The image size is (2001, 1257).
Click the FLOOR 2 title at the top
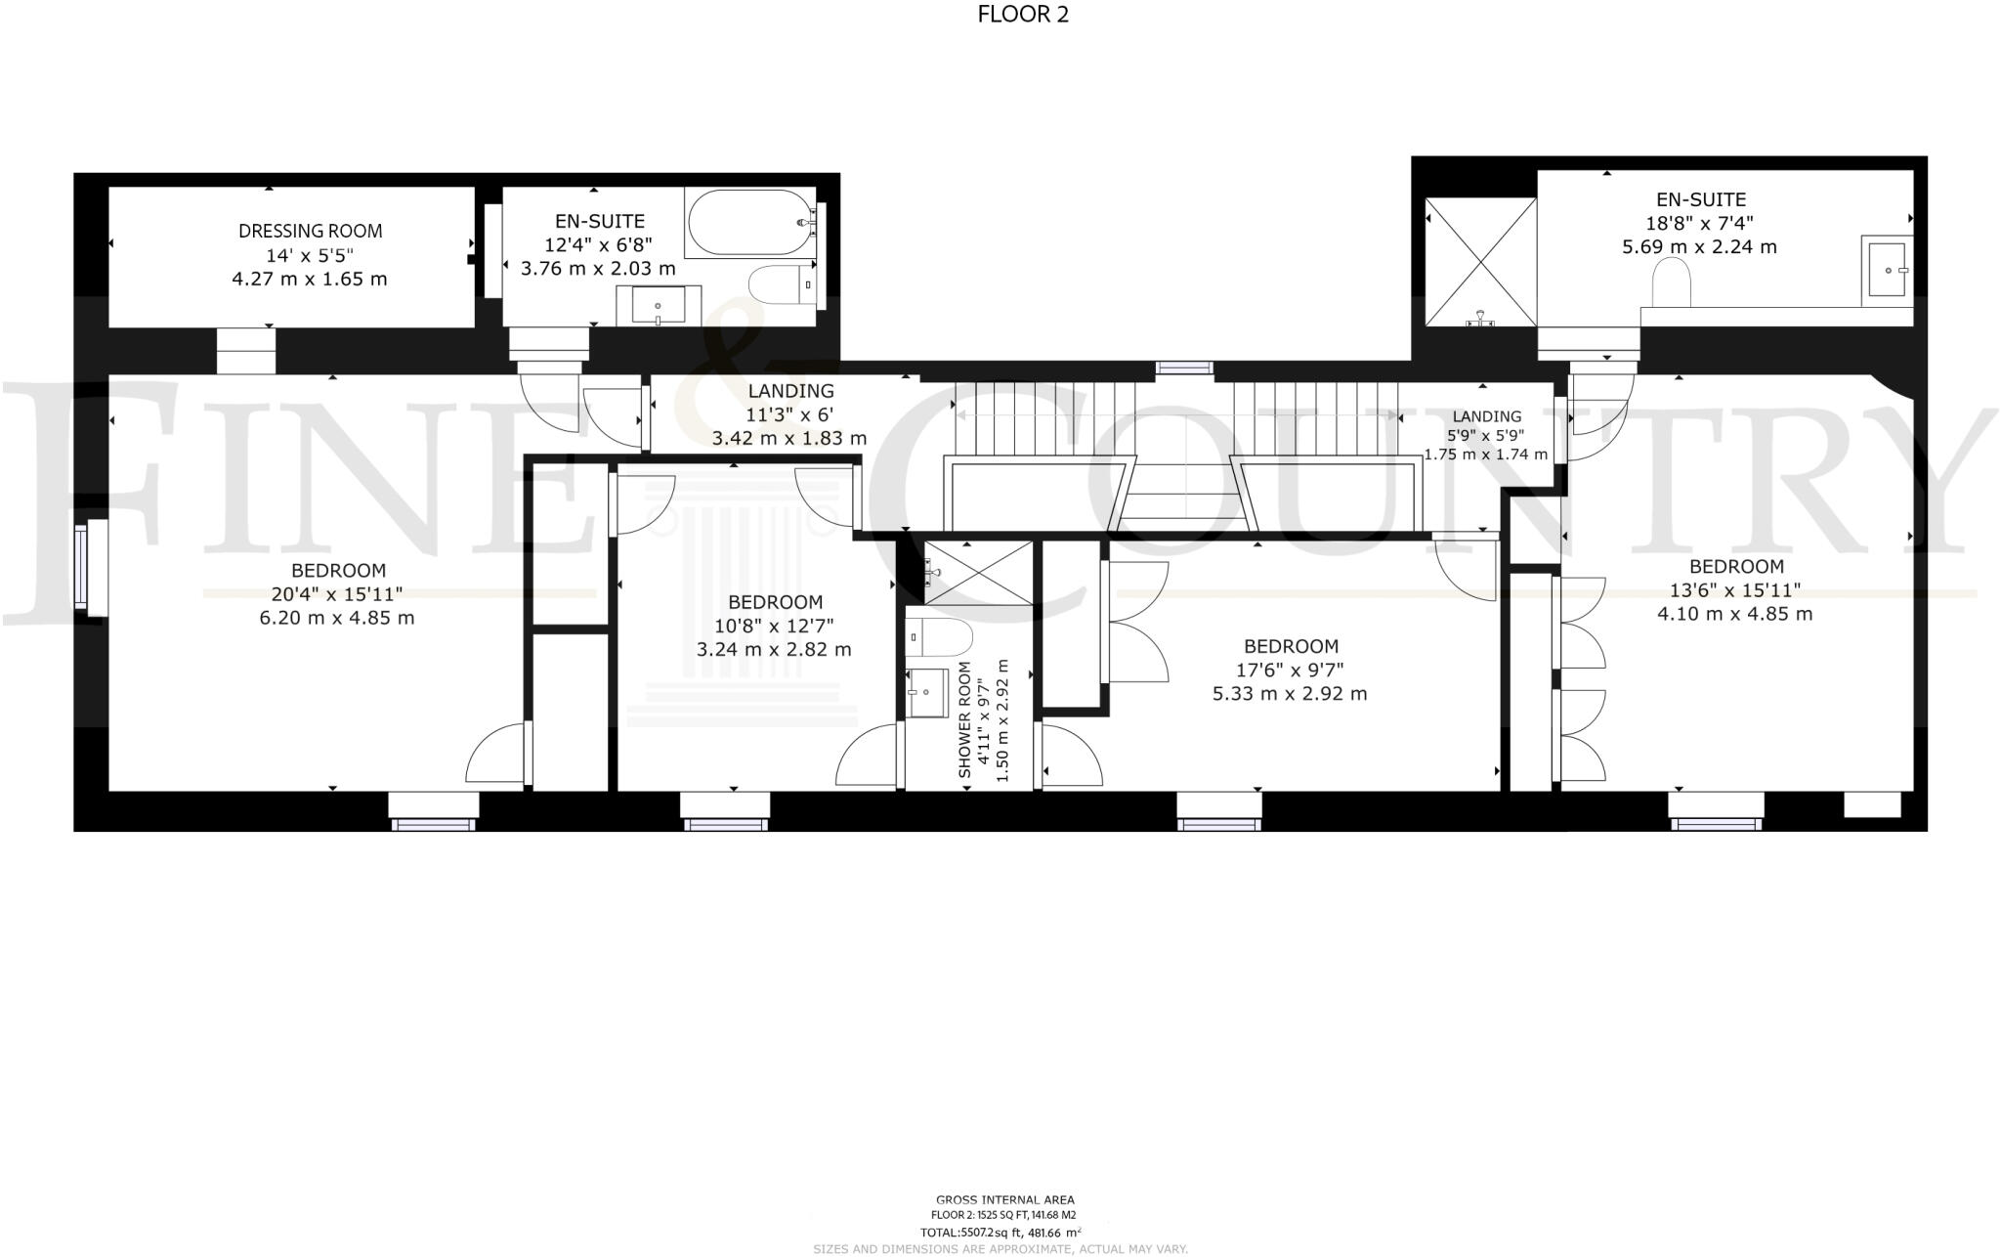[x=1023, y=15]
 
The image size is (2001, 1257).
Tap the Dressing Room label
[x=310, y=232]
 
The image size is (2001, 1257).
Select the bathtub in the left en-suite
[x=748, y=223]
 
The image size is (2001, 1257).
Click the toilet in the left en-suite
[x=780, y=284]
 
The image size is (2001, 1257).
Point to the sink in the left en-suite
[x=658, y=305]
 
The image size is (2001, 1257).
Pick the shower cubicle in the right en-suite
[x=1480, y=261]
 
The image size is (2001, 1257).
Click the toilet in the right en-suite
[x=1671, y=283]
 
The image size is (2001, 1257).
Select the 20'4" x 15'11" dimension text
[x=337, y=594]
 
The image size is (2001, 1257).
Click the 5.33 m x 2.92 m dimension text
[x=1290, y=694]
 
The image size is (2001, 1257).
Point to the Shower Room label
[x=965, y=719]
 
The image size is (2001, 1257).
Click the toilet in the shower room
[x=938, y=637]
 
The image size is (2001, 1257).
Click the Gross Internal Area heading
[x=1005, y=1199]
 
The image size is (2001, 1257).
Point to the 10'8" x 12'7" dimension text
[x=774, y=626]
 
